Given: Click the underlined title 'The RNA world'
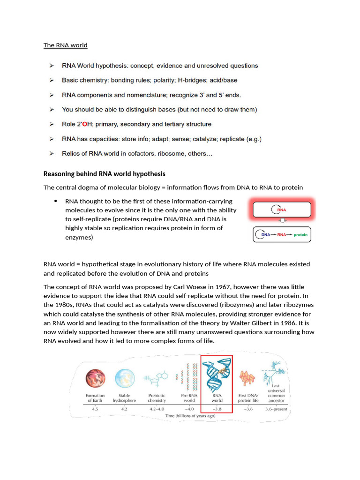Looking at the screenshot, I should pyautogui.click(x=65, y=45).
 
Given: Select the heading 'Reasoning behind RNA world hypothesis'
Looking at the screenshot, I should pyautogui.click(x=104, y=174).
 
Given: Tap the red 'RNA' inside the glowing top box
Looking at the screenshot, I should pyautogui.click(x=282, y=210).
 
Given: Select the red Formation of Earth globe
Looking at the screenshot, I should pyautogui.click(x=95, y=379).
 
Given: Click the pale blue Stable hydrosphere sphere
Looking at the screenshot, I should pyautogui.click(x=124, y=379).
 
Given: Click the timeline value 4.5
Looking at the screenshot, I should pyautogui.click(x=95, y=409).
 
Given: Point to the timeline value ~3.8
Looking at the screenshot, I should pyautogui.click(x=217, y=409).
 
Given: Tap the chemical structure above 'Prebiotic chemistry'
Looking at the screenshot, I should pyautogui.click(x=157, y=379).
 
